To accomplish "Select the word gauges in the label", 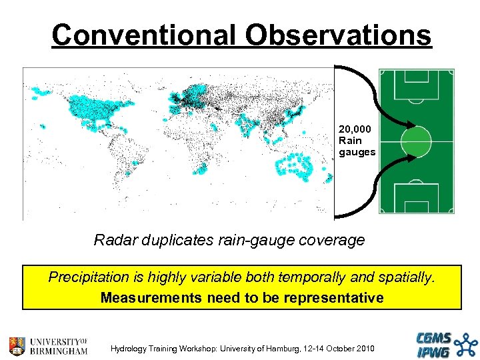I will click(x=357, y=152).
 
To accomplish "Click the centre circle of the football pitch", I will click(x=416, y=141).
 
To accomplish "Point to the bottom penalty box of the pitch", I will click(x=416, y=198).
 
